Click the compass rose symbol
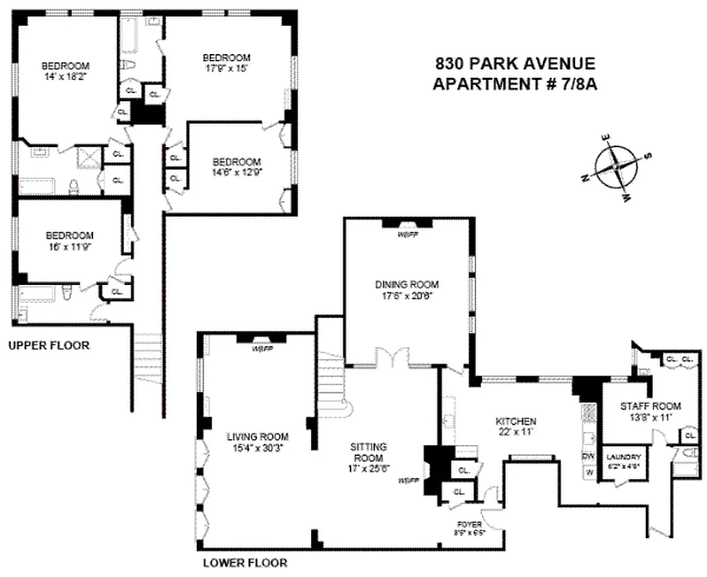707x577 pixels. tap(617, 166)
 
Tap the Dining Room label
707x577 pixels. tap(407, 284)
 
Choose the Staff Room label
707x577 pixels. tap(646, 406)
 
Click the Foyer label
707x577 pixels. tap(469, 524)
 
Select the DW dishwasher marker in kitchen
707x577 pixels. tap(588, 456)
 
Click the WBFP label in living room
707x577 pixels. tap(263, 349)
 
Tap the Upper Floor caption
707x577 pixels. tap(49, 345)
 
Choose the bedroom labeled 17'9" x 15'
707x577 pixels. tap(227, 63)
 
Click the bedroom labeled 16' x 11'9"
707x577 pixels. tap(69, 239)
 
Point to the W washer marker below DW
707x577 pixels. tap(589, 473)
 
